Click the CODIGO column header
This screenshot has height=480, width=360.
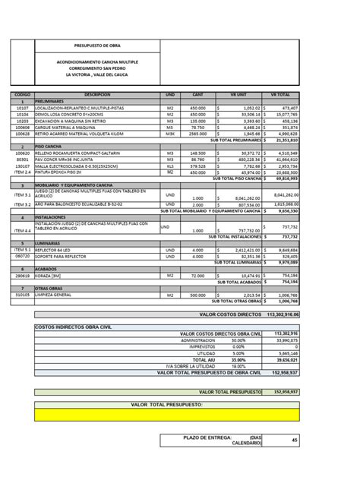[24, 94]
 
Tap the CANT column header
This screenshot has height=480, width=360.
[198, 94]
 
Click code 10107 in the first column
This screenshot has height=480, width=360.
[23, 108]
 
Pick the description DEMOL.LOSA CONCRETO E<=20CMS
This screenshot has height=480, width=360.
[72, 114]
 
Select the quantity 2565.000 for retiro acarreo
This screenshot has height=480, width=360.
[198, 133]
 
